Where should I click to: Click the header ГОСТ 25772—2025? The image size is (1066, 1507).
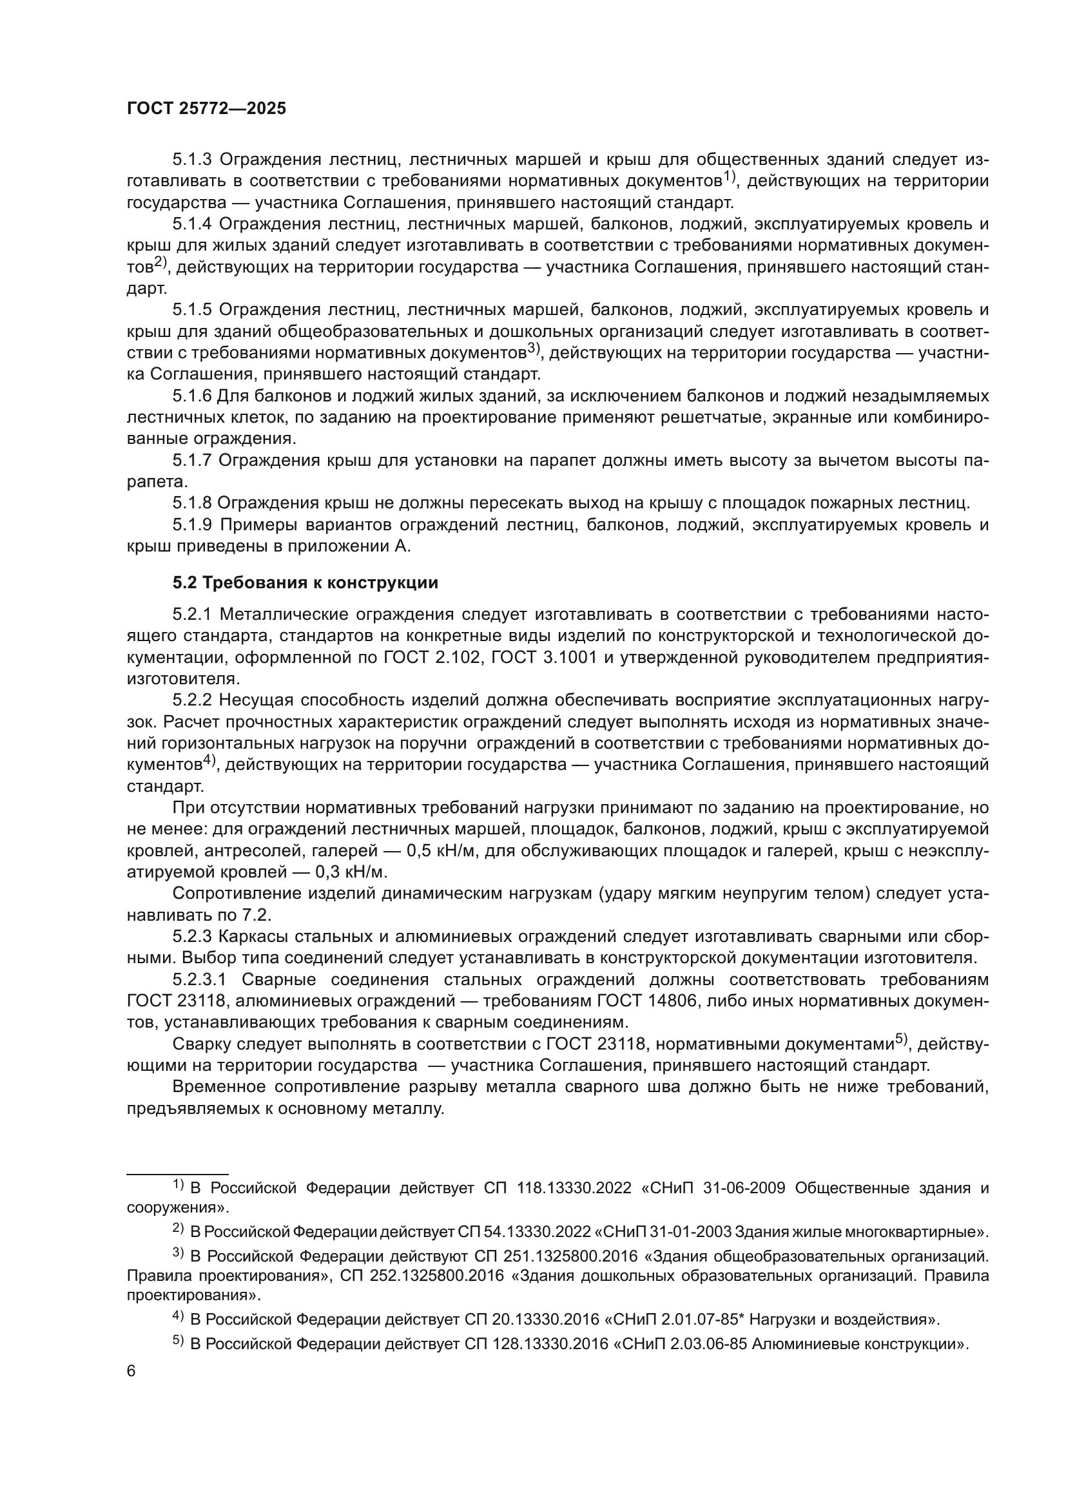pos(206,109)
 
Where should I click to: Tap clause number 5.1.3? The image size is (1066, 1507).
pos(191,160)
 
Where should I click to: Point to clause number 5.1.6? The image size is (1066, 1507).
pos(191,396)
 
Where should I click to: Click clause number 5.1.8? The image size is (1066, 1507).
pos(191,503)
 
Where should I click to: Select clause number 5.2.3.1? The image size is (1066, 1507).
pos(200,980)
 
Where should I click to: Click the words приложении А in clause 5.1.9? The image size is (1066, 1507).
pos(354,547)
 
